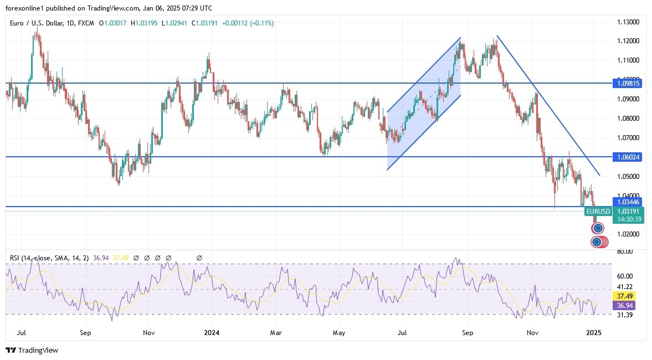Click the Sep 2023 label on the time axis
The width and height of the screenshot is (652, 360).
[x=85, y=333]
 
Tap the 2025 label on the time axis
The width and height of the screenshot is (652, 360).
[x=593, y=333]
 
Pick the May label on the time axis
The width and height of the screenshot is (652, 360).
[x=339, y=333]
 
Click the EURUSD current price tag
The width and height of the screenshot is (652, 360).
[x=598, y=212]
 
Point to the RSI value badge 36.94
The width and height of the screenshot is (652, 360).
[x=625, y=305]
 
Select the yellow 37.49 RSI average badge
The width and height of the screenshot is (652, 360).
[x=625, y=296]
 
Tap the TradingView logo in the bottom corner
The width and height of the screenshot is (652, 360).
[x=32, y=350]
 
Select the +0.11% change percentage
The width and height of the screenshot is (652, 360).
[x=260, y=23]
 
